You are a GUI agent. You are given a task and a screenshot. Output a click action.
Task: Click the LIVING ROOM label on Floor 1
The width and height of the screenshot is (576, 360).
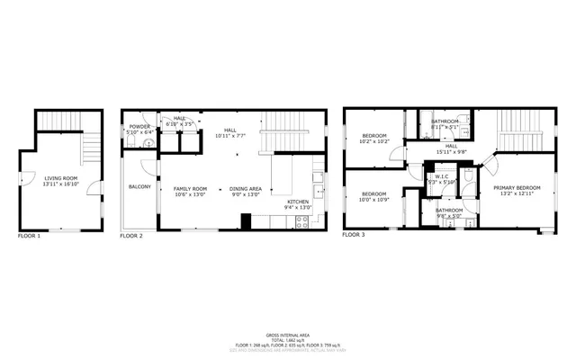62,178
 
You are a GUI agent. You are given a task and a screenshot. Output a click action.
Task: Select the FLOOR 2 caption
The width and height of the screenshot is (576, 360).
132,235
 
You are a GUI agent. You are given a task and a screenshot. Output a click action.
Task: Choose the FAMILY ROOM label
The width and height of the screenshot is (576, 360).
190,188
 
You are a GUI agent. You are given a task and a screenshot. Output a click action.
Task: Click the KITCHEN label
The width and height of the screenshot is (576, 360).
298,202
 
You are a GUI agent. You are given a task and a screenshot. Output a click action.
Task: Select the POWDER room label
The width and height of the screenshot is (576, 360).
139,127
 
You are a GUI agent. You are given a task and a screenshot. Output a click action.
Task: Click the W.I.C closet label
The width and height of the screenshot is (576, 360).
443,176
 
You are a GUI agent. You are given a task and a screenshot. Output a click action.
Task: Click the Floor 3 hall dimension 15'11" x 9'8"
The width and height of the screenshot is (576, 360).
451,151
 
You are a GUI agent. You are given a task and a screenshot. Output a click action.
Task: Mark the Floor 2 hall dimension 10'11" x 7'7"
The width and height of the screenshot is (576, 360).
229,136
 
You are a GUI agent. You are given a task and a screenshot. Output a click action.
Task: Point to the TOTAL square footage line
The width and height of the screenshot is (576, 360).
287,338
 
